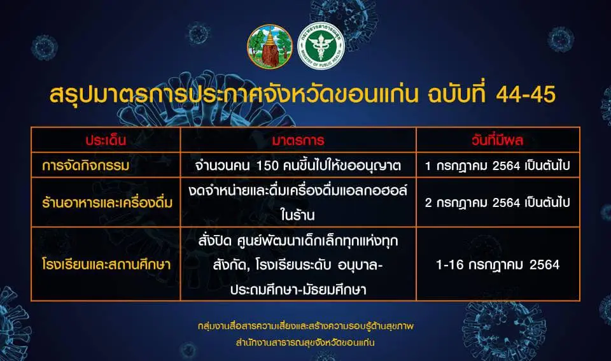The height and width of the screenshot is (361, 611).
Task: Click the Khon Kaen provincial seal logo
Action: pos(270,46)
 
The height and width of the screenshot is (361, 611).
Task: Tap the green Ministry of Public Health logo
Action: pos(321,46)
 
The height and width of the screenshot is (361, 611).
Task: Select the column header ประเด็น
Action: pos(106,140)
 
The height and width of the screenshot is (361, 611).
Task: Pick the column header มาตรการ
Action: pos(298,140)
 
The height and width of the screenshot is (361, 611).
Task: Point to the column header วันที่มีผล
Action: pos(497,140)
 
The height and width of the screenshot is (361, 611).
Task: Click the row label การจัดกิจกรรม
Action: pos(86,166)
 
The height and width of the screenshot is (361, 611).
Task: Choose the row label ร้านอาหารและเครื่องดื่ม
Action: pos(107,202)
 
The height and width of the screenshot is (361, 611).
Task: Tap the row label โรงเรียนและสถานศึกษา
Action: pos(106,264)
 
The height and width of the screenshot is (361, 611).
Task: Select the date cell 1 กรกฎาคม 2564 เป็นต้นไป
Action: pos(497,166)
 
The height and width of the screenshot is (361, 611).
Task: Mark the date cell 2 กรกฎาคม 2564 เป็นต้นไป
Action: pos(497,202)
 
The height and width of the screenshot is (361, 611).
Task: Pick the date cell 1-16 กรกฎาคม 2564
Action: pos(498,265)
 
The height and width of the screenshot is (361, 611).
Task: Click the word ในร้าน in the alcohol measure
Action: pos(297,215)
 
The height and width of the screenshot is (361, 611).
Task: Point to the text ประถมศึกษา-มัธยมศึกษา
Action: pos(298,290)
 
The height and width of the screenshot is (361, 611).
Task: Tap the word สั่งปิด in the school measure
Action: pos(214,241)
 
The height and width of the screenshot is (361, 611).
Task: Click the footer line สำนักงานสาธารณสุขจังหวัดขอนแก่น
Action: pos(305,343)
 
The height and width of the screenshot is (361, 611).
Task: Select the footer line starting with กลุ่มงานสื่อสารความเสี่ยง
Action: pos(305,326)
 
